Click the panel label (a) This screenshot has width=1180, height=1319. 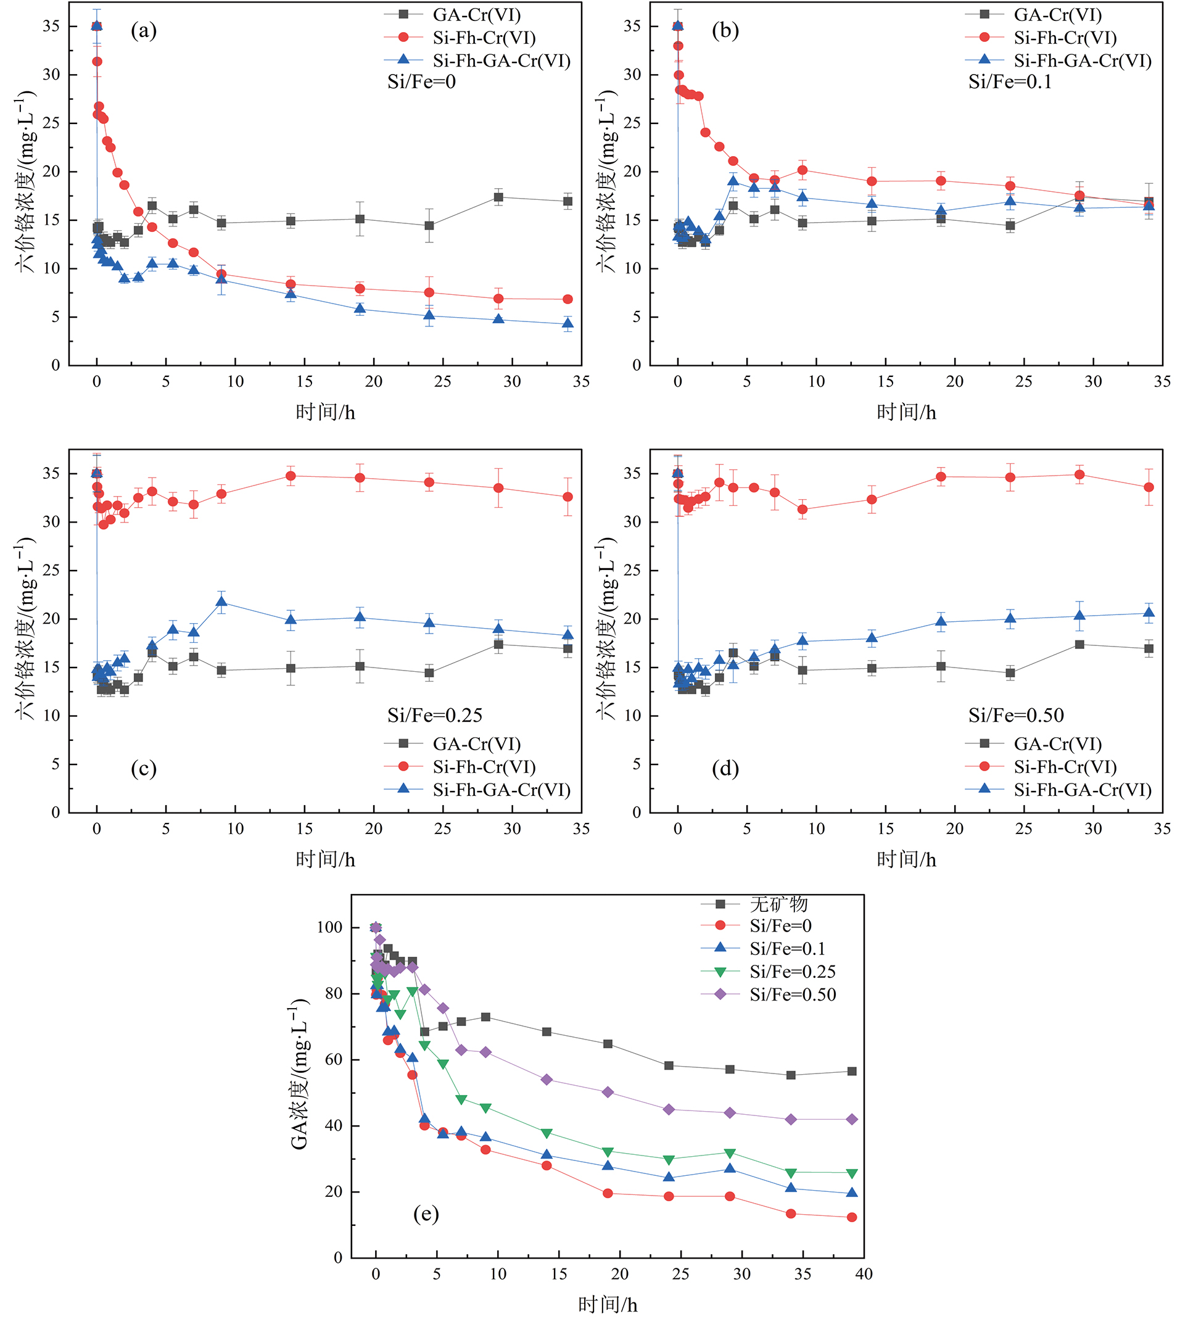[x=143, y=30]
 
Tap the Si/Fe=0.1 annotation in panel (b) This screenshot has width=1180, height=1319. [x=1010, y=81]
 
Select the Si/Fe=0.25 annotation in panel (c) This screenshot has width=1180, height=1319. [x=434, y=715]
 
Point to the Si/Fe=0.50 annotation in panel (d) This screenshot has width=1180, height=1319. [x=1016, y=715]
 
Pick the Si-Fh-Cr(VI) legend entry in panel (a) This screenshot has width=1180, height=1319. [x=484, y=38]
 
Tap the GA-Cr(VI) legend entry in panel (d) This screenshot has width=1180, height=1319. [x=1057, y=744]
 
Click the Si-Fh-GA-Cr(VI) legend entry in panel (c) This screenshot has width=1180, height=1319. [x=501, y=790]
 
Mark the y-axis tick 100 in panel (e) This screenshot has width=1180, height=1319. [x=329, y=927]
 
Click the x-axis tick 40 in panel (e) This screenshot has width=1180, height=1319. [x=864, y=1273]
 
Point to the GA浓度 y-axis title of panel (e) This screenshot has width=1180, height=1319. [x=299, y=1075]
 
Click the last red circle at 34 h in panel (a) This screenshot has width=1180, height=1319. [x=568, y=299]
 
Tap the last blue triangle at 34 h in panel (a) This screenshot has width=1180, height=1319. [x=568, y=324]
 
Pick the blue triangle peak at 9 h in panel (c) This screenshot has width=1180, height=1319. [x=221, y=602]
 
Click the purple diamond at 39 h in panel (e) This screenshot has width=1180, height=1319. [x=852, y=1119]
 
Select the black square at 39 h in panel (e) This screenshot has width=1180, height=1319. [x=852, y=1071]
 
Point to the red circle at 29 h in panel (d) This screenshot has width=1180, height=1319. [x=1079, y=474]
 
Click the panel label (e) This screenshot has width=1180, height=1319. [x=426, y=1214]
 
